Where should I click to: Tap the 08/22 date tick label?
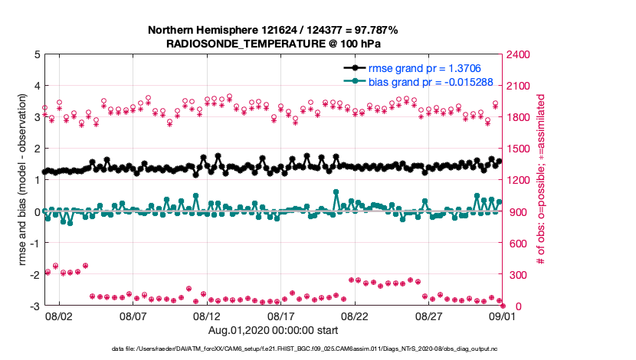click(356, 316)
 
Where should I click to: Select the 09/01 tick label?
click(503, 316)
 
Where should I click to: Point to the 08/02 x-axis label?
click(59, 316)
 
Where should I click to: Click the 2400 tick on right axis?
click(520, 54)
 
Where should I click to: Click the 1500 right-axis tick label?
click(520, 149)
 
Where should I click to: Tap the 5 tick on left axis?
click(36, 54)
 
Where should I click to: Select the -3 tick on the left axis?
click(34, 306)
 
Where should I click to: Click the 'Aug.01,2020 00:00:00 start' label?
click(273, 331)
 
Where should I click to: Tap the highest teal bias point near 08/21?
click(336, 192)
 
